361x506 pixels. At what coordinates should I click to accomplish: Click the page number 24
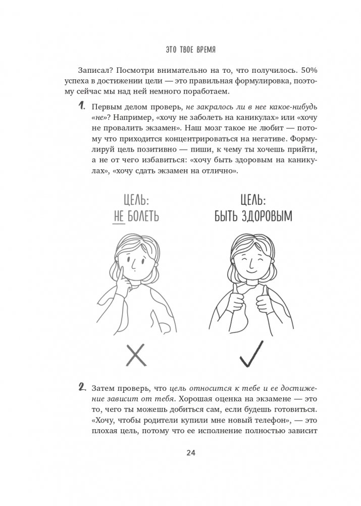tap(191, 452)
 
